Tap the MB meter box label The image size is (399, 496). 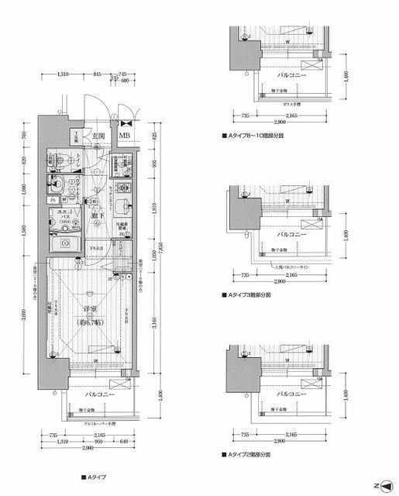click(x=124, y=137)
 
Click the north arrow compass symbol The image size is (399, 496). click(x=385, y=484)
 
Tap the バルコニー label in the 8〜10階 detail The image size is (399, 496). click(x=291, y=75)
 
